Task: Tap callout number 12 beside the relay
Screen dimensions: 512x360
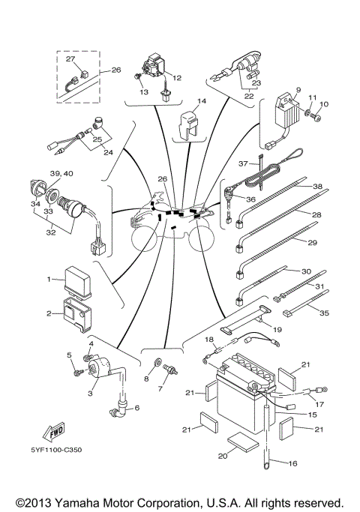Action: (x=177, y=78)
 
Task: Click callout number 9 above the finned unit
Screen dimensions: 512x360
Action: (x=298, y=89)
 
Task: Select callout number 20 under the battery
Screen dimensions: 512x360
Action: (x=222, y=456)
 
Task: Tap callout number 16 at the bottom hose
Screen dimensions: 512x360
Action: (x=293, y=464)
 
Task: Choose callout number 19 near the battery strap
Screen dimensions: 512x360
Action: (x=277, y=329)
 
